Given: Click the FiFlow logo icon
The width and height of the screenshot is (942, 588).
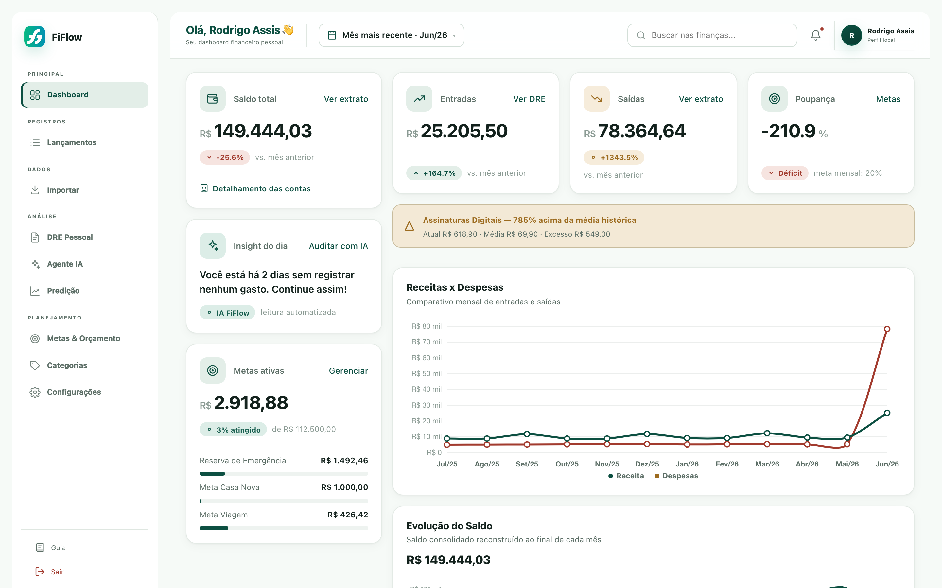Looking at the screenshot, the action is tap(35, 37).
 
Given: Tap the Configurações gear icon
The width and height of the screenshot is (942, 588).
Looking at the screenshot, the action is tap(35, 392).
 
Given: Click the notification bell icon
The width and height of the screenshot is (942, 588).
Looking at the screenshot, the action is tap(815, 35).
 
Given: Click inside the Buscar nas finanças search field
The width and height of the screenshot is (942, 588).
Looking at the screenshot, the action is tap(712, 35).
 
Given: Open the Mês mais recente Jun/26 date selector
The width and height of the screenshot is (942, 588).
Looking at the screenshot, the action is tap(391, 35).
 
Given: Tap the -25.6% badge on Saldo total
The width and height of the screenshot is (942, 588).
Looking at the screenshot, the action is tap(225, 157).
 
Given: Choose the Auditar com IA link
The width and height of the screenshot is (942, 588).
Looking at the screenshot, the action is tap(338, 246).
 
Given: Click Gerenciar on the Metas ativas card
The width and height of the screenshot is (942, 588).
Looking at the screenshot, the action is tap(348, 371).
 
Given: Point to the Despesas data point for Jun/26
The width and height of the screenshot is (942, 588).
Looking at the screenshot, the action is tap(887, 329).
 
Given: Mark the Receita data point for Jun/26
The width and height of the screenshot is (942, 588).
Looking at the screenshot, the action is tap(887, 413).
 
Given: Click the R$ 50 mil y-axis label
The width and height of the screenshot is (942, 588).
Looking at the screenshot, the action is tap(426, 373).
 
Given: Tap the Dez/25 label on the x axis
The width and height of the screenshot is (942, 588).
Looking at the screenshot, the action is tap(647, 464).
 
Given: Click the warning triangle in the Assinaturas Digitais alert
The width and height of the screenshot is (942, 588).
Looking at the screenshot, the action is tap(409, 226).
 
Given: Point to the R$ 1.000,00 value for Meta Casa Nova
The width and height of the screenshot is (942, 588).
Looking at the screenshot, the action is tap(344, 487).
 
